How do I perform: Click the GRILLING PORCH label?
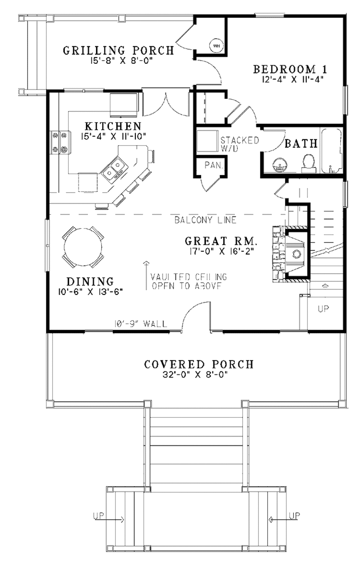(118, 51)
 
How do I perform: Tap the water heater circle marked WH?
(216, 45)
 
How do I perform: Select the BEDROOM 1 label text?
(290, 69)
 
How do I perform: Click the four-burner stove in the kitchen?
(60, 142)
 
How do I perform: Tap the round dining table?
(83, 246)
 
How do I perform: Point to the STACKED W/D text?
(239, 144)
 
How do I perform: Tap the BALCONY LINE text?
(205, 220)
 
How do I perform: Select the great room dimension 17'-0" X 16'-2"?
(221, 251)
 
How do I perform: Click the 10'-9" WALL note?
(140, 324)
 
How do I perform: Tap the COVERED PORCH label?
(199, 364)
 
